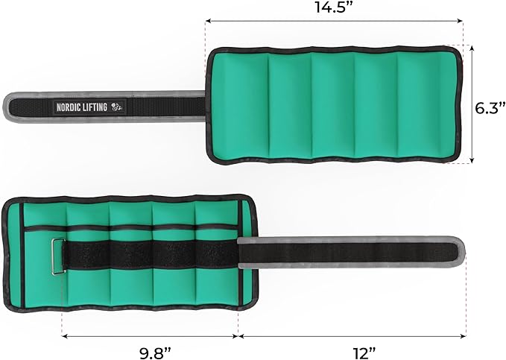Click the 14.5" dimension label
click(x=335, y=7)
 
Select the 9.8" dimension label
click(x=154, y=353)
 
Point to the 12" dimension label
click(x=364, y=353)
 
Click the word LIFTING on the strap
click(x=95, y=107)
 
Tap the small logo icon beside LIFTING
click(x=118, y=107)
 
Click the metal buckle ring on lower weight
click(x=58, y=256)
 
